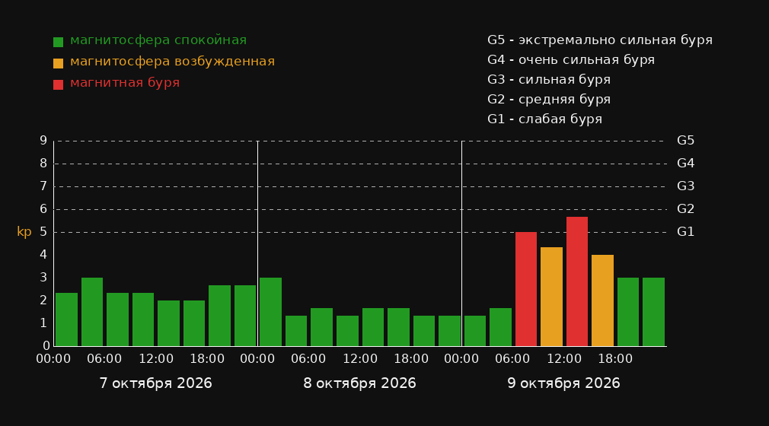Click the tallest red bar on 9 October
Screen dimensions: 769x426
577,281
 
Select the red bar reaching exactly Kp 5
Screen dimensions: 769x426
526,289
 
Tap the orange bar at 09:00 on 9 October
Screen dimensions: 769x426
551,297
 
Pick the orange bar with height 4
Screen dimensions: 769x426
602,300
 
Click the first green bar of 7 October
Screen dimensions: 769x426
67,319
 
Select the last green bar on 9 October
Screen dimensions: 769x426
653,312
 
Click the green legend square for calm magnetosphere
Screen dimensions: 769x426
59,42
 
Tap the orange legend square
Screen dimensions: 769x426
59,63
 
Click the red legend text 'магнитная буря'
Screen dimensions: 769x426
125,83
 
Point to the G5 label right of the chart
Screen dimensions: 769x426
685,141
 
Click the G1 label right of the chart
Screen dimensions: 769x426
685,232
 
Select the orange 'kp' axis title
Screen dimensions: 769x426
24,232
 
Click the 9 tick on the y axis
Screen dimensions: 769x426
43,141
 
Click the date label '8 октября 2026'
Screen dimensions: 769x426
359,383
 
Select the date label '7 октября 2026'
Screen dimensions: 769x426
155,383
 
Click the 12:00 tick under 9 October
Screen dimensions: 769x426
564,359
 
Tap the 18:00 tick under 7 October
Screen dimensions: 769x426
207,359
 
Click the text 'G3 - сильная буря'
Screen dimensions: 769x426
549,80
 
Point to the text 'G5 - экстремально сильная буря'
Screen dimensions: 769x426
600,40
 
